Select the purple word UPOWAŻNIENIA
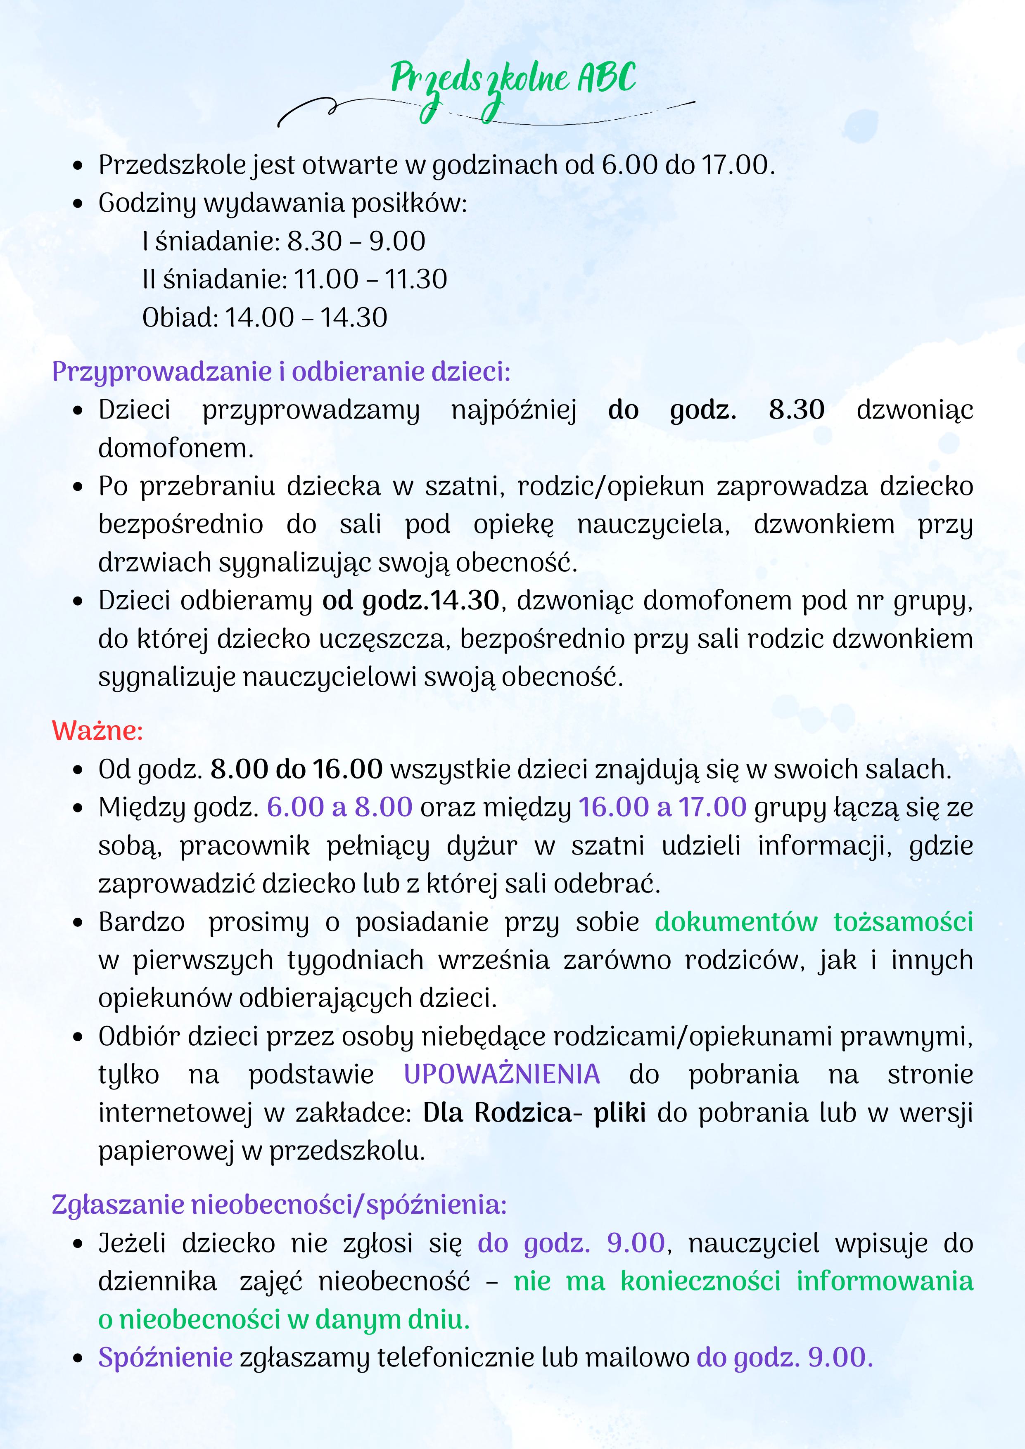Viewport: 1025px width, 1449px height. coord(502,1074)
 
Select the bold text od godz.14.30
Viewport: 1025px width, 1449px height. coord(411,601)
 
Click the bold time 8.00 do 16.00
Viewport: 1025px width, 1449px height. coord(297,769)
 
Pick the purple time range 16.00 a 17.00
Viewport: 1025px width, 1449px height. coord(663,807)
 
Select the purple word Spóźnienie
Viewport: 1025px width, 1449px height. coord(165,1357)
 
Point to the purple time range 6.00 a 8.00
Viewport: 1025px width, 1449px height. coord(339,807)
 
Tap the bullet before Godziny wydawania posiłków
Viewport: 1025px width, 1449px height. coord(78,204)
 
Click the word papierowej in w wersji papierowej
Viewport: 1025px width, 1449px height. coord(166,1151)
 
